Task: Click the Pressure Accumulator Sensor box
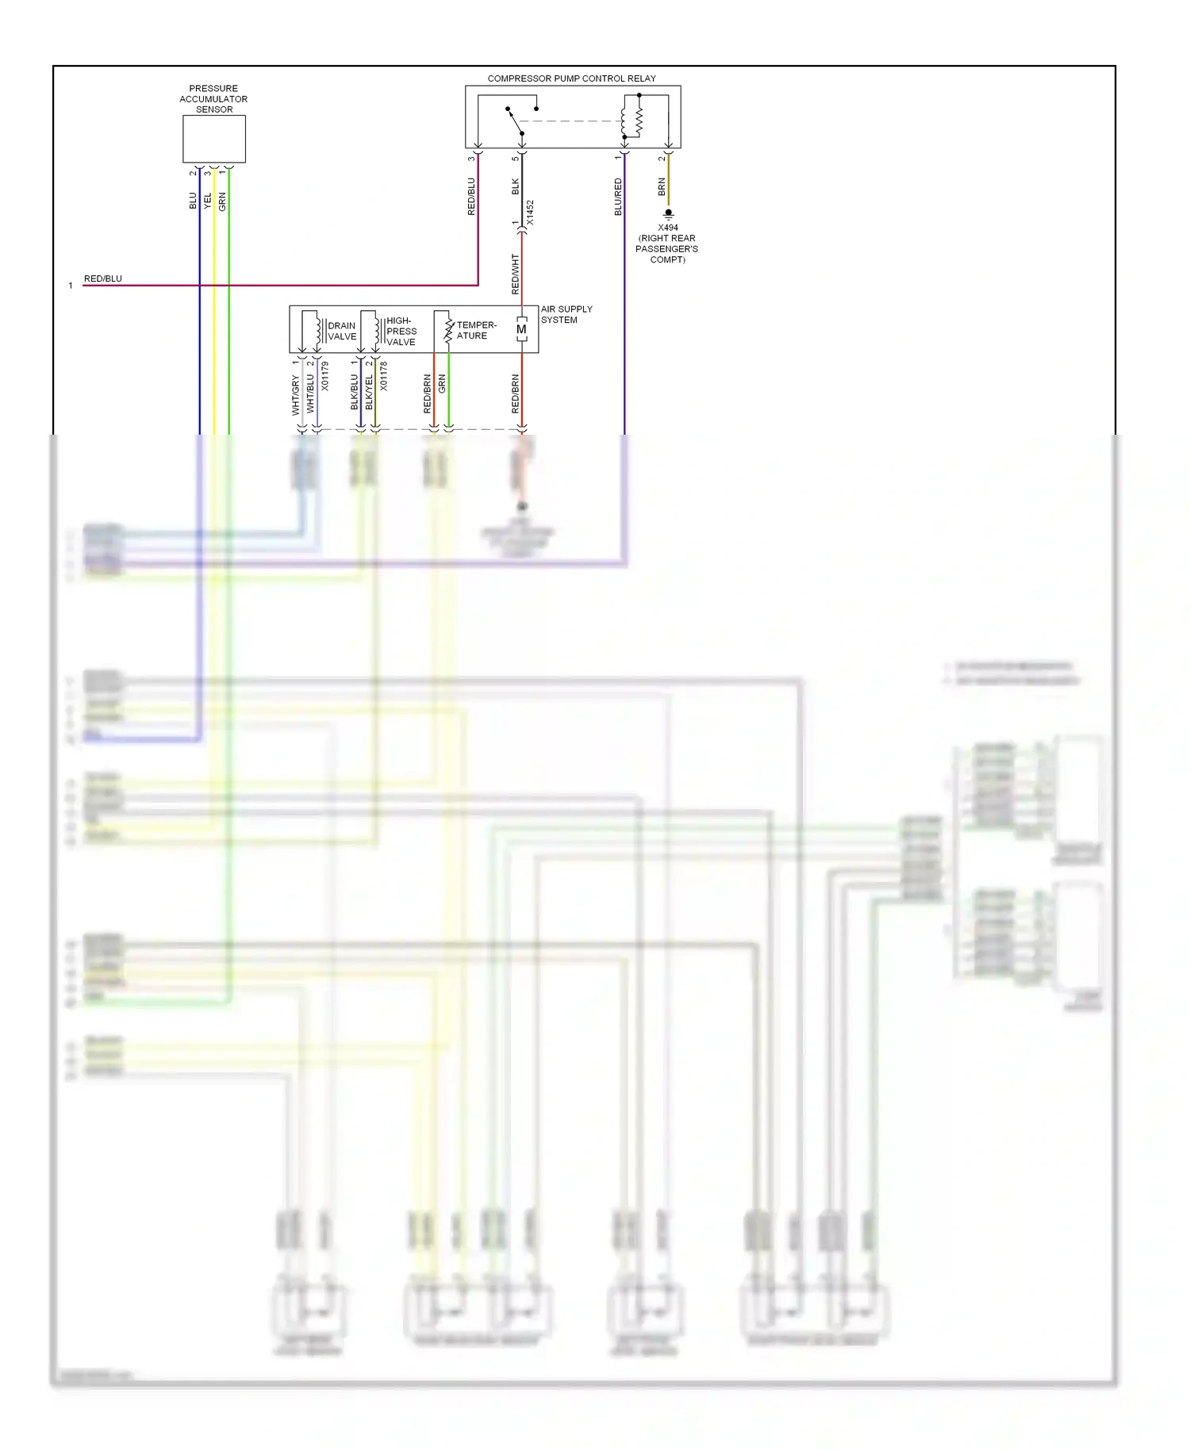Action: pos(214,139)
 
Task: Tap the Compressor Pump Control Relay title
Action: pos(571,79)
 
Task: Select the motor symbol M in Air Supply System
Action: pos(521,329)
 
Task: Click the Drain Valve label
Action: pos(342,331)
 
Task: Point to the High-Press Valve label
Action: pos(401,332)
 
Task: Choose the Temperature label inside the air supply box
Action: pos(476,330)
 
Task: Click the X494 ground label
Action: pos(668,228)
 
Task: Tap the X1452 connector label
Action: pos(530,213)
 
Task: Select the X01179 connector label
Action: pos(324,376)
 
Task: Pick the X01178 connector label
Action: pos(383,376)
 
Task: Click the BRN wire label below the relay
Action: pos(662,186)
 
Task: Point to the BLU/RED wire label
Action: pos(618,197)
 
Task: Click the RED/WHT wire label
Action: pos(515,274)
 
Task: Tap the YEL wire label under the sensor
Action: pos(208,201)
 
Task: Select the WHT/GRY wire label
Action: pos(295,395)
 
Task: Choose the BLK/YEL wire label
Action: pos(369,392)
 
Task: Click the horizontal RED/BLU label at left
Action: pos(103,278)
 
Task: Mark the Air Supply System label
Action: pos(566,314)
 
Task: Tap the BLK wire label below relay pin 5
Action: pos(515,186)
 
